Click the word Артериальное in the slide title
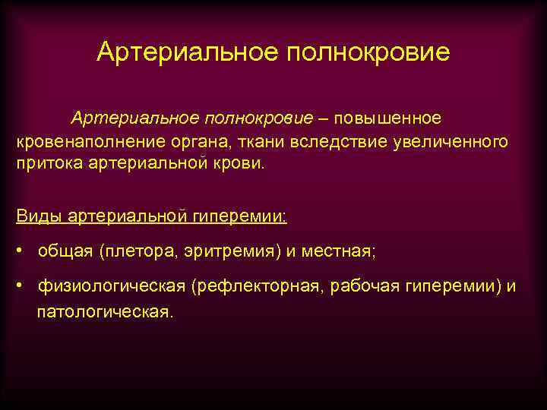[x=187, y=52]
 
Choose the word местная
[x=340, y=251]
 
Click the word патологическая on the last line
[x=106, y=311]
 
